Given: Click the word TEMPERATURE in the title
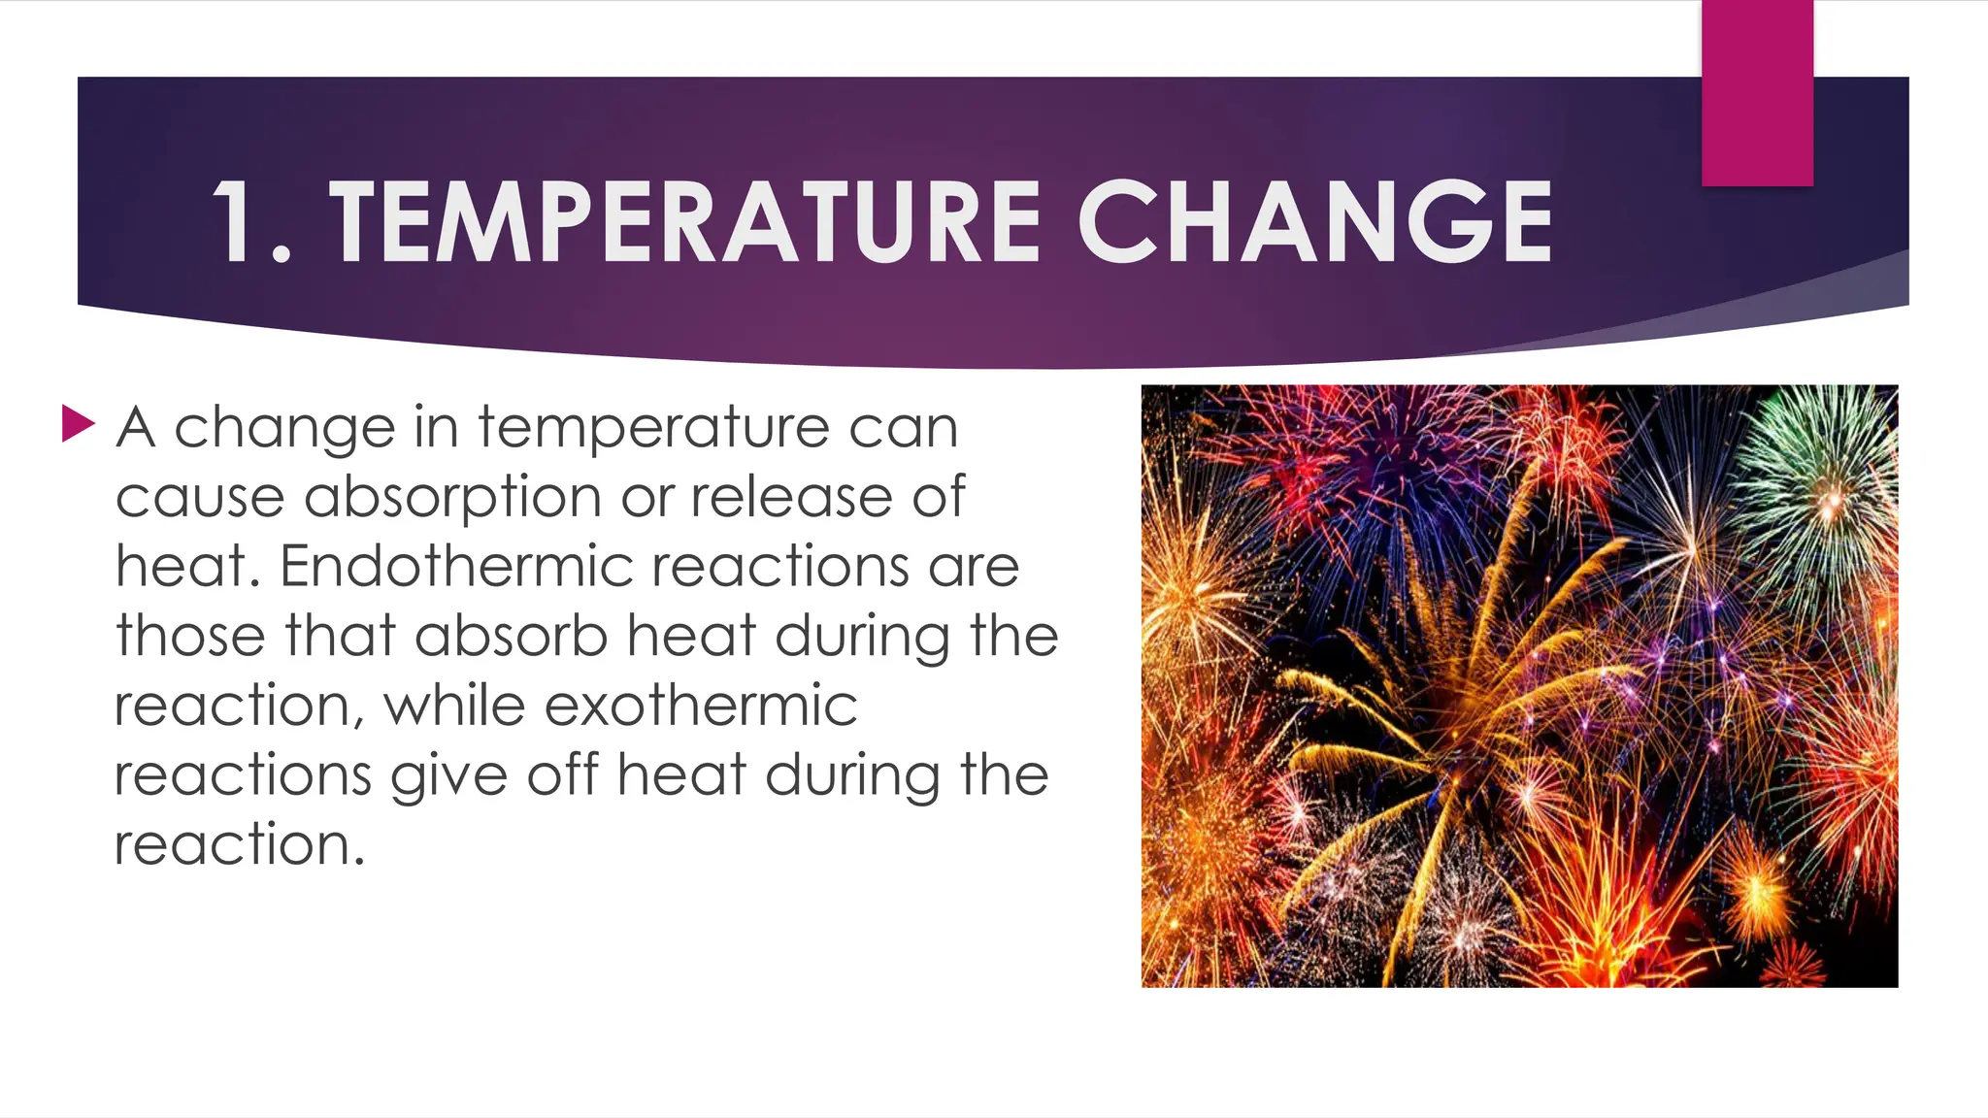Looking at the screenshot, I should coord(685,222).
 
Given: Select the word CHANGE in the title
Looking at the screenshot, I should coord(1315,222).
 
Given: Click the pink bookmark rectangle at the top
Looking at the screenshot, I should coord(1757,92).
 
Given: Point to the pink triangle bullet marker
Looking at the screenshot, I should coord(78,424).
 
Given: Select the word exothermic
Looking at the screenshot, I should coord(700,706).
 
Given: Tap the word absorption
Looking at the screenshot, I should coord(452,498).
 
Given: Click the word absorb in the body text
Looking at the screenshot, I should coord(512,636).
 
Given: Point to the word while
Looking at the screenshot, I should coord(455,706).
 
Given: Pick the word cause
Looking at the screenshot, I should coord(199,498).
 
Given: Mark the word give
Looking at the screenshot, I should coord(448,776).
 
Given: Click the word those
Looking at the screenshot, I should coord(190,636).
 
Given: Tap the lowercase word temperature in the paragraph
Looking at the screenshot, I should coord(653,428).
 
